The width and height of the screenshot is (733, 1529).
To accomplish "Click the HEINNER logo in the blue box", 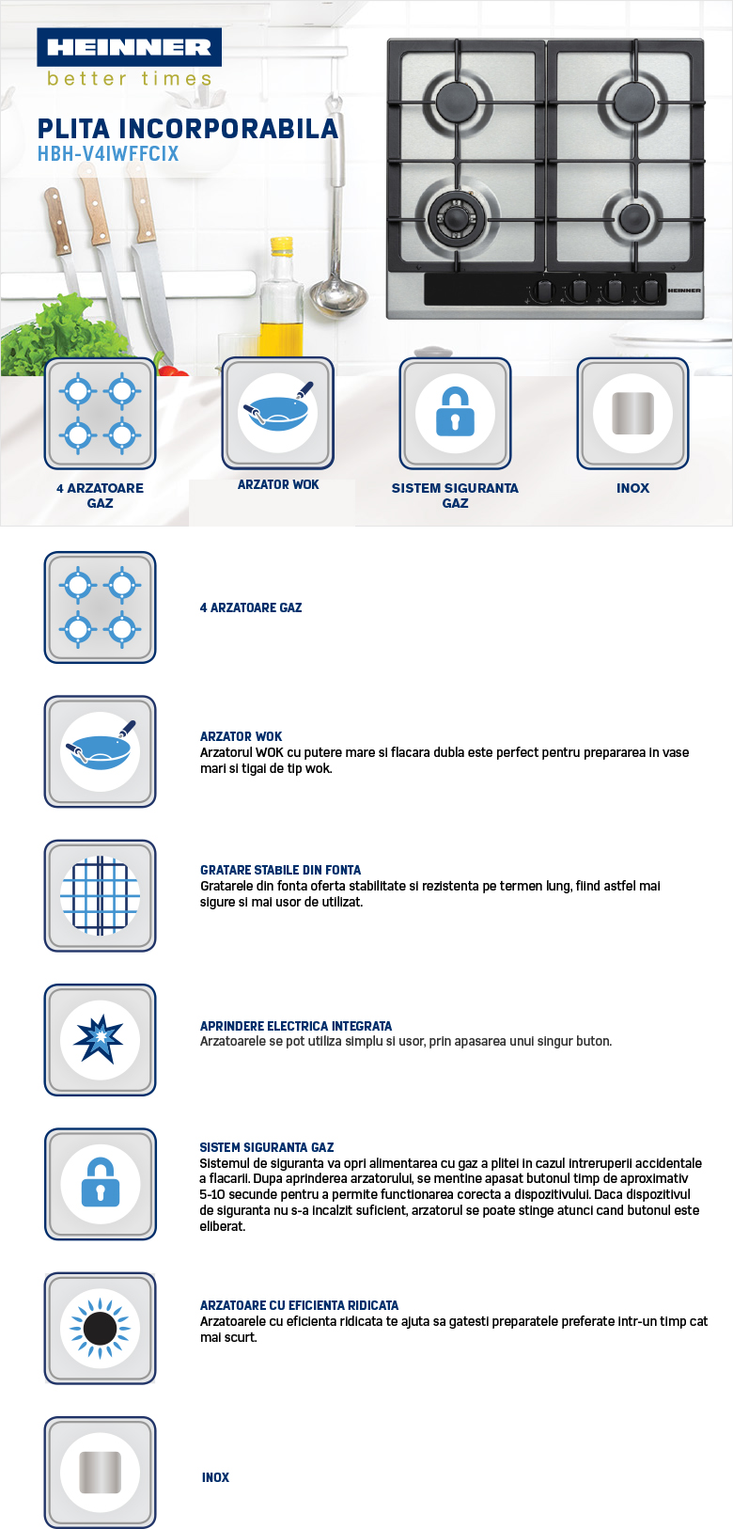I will pyautogui.click(x=129, y=47).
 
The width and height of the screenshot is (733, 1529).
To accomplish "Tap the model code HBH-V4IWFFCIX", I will pyautogui.click(x=108, y=154).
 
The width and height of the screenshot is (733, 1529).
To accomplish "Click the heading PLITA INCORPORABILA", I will pyautogui.click(x=187, y=129).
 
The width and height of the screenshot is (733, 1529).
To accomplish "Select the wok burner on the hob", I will pyautogui.click(x=457, y=218).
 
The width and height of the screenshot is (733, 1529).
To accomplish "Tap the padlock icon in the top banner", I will pyautogui.click(x=455, y=412).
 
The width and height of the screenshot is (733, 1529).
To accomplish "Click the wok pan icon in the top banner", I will pyautogui.click(x=278, y=412).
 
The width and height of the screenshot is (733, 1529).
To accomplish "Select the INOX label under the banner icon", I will pyautogui.click(x=632, y=488).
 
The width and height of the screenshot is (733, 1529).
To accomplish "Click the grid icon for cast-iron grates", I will pyautogui.click(x=100, y=896).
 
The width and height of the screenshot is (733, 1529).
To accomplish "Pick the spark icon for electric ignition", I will pyautogui.click(x=100, y=1040).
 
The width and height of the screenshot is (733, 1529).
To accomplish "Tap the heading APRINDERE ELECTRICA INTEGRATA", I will pyautogui.click(x=296, y=1026).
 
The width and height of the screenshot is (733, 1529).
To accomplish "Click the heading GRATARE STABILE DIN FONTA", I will pyautogui.click(x=280, y=870).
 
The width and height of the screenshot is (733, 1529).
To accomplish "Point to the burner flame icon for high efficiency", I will pyautogui.click(x=100, y=1328).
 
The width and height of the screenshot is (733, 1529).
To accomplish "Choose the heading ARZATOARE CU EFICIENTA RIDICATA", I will pyautogui.click(x=299, y=1305).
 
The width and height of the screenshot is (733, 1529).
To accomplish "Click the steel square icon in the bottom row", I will pyautogui.click(x=100, y=1472).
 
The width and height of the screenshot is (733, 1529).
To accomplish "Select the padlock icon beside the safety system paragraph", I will pyautogui.click(x=100, y=1184).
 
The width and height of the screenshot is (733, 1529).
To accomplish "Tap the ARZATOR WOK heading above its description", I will pyautogui.click(x=241, y=736).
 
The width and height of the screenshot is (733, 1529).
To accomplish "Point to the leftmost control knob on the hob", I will pyautogui.click(x=542, y=291).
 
